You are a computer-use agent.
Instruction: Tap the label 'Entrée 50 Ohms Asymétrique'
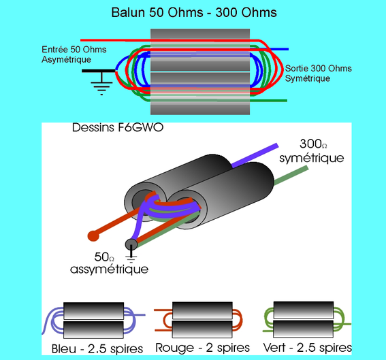[x=70, y=54]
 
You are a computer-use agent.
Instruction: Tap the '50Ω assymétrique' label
[x=109, y=264]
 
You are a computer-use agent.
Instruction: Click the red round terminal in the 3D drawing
[x=93, y=237]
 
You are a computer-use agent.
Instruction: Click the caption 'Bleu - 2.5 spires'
[x=97, y=349]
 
